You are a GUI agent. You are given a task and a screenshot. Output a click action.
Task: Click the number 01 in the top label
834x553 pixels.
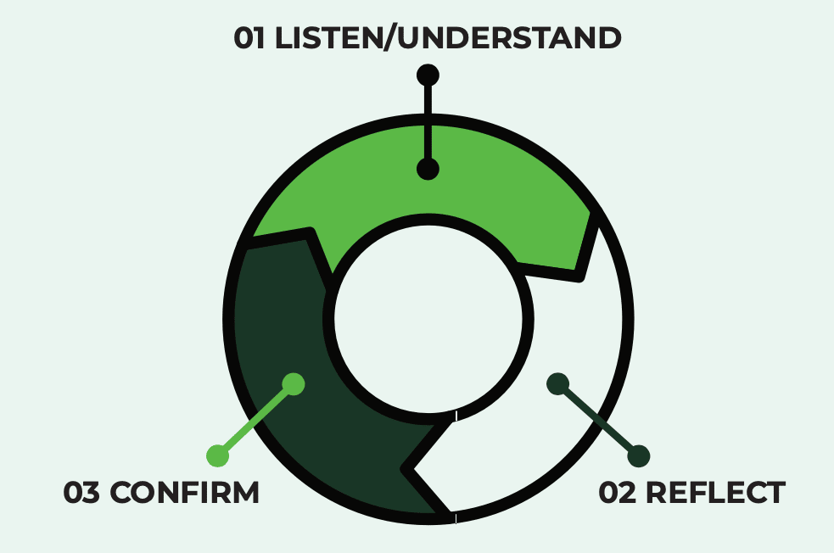click(x=250, y=39)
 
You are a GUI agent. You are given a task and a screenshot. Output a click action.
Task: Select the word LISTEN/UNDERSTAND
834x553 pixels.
click(x=448, y=39)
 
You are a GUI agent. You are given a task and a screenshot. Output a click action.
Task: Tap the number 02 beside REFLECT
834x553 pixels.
click(x=617, y=493)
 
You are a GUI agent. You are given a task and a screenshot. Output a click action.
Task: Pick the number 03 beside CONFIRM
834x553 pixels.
click(x=82, y=493)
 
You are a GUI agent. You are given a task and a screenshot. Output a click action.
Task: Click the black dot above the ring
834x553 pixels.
click(x=428, y=75)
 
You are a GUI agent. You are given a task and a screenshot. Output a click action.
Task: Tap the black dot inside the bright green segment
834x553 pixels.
click(x=428, y=169)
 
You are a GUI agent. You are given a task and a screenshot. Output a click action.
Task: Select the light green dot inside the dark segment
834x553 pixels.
click(x=294, y=383)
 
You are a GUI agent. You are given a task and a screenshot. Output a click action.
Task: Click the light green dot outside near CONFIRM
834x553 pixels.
click(x=218, y=455)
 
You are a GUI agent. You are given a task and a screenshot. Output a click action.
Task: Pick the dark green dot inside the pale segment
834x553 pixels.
click(x=557, y=383)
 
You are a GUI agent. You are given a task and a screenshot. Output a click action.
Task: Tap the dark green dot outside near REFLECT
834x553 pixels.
click(x=639, y=455)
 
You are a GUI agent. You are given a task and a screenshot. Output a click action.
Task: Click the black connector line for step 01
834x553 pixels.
click(x=428, y=122)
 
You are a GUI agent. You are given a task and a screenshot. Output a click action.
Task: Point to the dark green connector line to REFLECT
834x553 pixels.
click(x=598, y=419)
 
